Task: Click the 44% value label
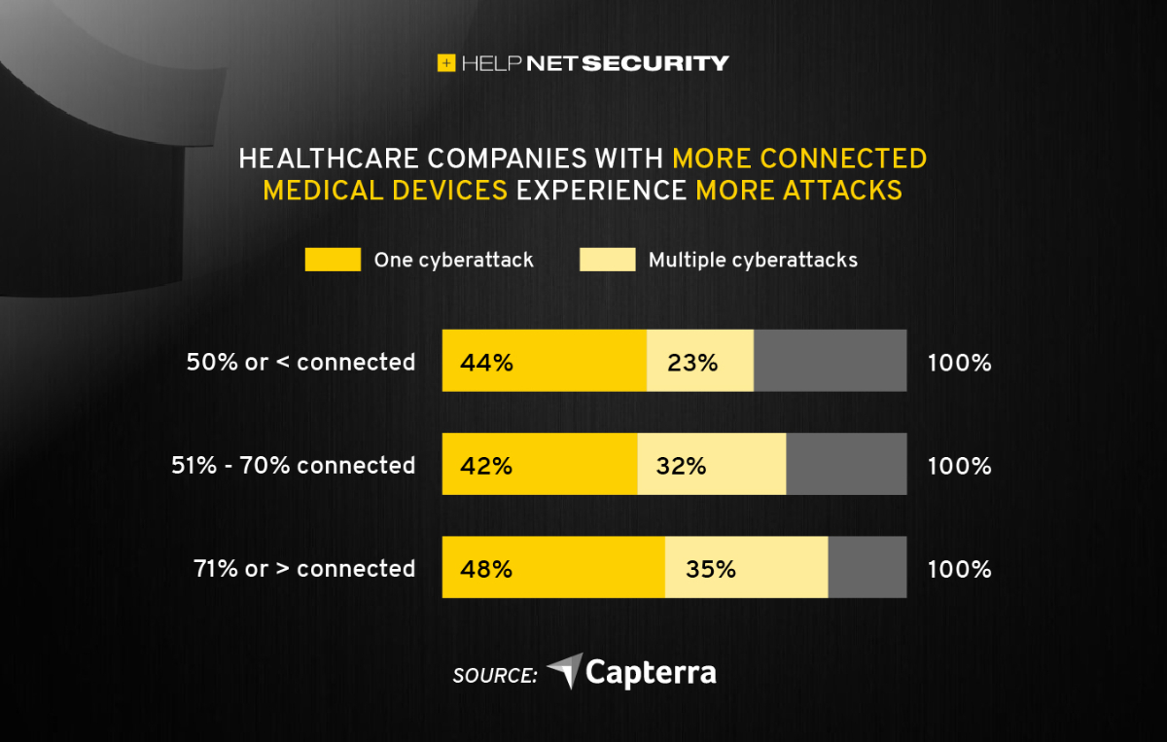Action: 487,363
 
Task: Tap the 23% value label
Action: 692,363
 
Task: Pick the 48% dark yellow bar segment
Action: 553,568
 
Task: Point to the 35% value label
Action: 710,569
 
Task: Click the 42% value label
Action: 487,466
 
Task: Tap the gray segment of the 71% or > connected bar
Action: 867,568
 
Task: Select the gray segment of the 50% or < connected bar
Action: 831,361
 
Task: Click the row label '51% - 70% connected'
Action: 293,466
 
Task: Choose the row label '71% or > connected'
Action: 304,569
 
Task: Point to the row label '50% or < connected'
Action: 301,363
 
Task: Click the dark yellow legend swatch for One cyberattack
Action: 333,260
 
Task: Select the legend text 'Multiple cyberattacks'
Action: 753,261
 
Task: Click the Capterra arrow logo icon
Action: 565,671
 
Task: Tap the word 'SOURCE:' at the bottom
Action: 495,675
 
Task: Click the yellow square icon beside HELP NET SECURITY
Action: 446,63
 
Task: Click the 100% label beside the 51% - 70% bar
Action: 959,466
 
